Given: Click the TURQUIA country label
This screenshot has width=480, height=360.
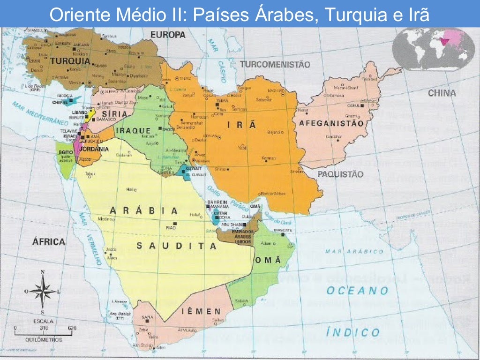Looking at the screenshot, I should [x=70, y=61].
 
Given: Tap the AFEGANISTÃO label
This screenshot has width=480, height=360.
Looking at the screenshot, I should [x=329, y=124].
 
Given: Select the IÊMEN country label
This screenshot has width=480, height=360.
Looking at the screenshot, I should [x=202, y=311].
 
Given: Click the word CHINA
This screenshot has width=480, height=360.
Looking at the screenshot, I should [x=442, y=93].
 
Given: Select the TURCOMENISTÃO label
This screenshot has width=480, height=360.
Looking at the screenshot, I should [x=275, y=65].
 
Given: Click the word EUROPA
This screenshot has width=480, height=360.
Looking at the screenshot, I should [x=168, y=35].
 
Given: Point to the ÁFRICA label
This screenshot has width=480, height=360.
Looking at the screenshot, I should [x=48, y=242].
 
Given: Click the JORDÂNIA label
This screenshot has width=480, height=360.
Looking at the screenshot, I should [x=95, y=149].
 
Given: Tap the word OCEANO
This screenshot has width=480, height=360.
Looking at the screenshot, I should [x=358, y=291].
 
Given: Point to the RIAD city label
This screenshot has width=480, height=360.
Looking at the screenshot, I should [x=171, y=227].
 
